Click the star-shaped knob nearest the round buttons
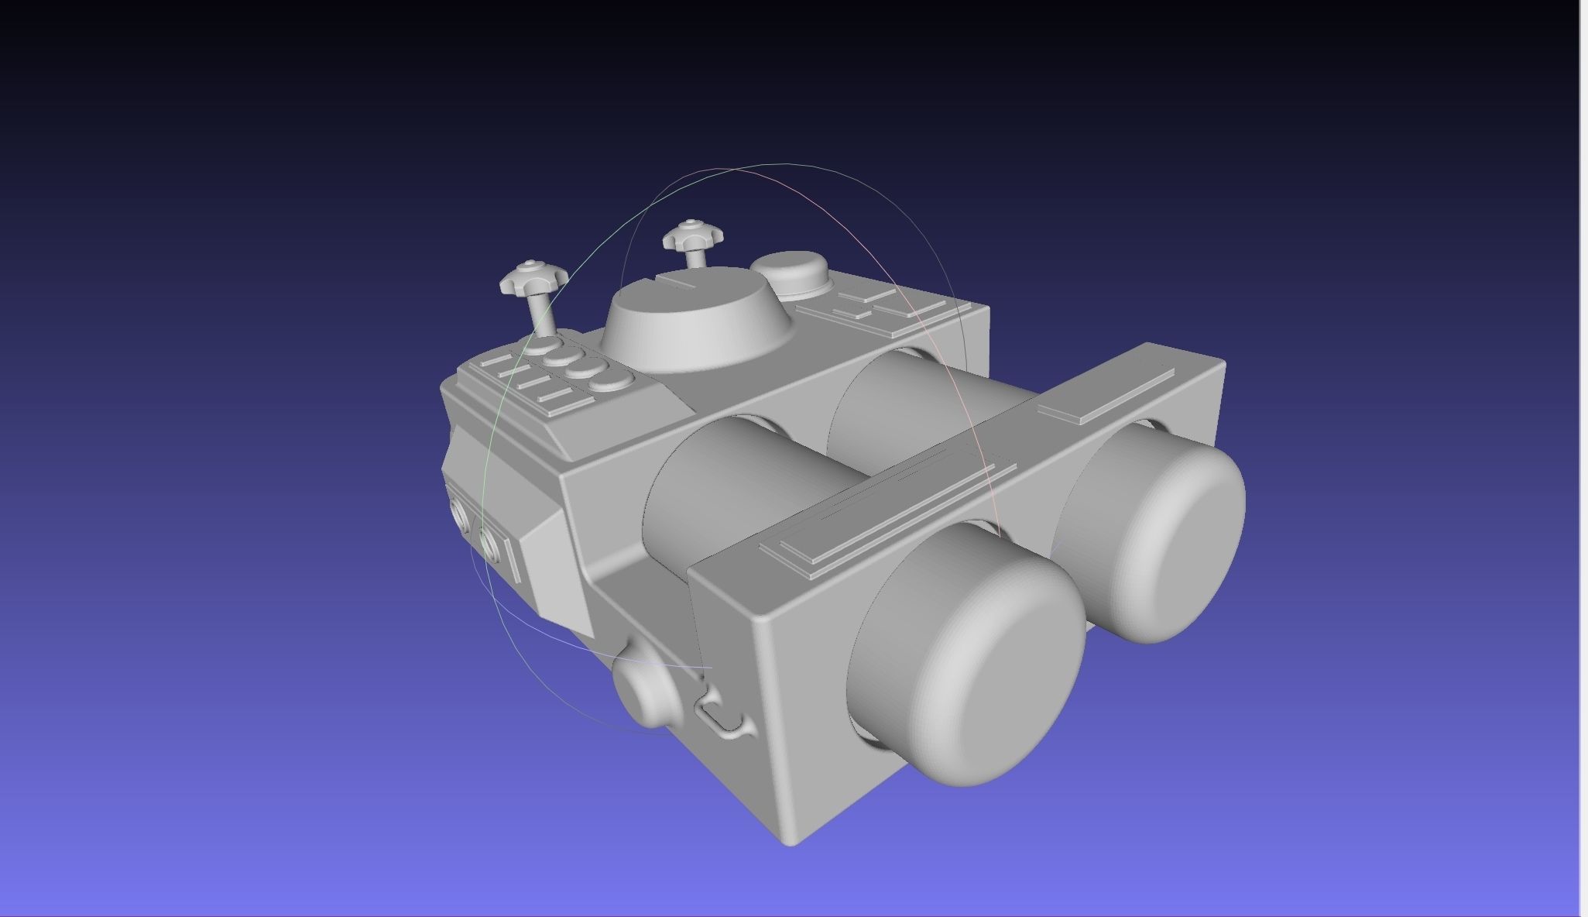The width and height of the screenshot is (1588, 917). pos(533,278)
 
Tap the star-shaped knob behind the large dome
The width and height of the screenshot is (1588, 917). pos(692,235)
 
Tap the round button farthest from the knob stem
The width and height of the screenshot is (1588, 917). pos(611,380)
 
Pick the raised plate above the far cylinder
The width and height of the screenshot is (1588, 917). pos(1107,395)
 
